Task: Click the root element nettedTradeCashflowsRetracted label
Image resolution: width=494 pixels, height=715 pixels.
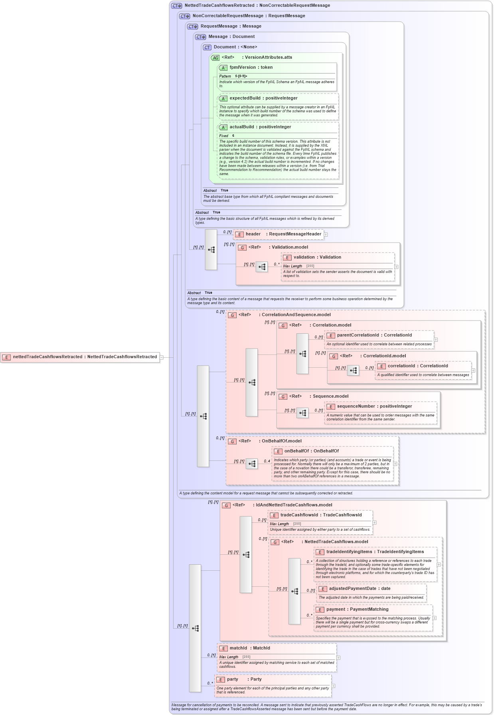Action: click(85, 357)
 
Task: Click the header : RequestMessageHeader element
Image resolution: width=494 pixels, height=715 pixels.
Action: click(283, 234)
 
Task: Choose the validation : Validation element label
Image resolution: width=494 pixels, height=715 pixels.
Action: click(317, 257)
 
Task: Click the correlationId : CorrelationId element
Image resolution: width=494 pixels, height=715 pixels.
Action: click(417, 366)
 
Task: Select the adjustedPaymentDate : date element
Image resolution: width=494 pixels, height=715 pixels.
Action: click(359, 589)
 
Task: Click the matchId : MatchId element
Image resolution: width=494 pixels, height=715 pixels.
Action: click(249, 648)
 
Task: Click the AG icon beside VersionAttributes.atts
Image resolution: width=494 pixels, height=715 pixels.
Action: click(215, 58)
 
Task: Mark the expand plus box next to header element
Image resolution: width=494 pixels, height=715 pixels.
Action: click(326, 235)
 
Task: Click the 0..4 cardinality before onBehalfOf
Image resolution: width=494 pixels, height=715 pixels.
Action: click(267, 461)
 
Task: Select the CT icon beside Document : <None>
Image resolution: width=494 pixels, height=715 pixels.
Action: click(207, 48)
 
